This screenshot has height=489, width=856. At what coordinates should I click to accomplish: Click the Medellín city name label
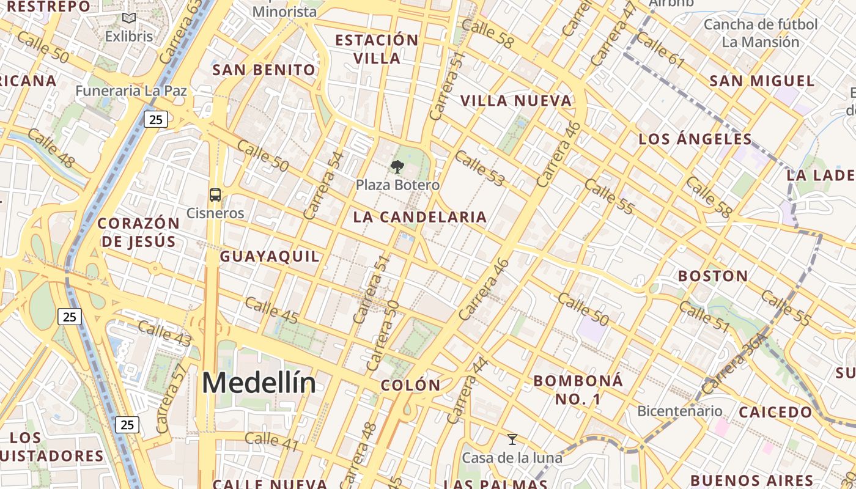pos(259,383)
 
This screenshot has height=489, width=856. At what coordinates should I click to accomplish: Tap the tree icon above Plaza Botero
pos(397,166)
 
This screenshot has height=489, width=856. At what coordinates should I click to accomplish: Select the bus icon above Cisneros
pos(215,195)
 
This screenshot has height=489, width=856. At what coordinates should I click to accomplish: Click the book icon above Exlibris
pos(128,18)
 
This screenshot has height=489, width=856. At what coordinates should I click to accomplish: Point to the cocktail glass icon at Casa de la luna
pos(512,439)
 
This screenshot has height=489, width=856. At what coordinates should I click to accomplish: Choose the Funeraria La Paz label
pos(131,91)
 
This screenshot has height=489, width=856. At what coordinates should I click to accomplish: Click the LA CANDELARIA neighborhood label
pos(420,217)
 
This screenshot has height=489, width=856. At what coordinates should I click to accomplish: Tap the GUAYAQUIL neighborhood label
pos(270,256)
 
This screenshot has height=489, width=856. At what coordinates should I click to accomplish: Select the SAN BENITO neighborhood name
pos(264,70)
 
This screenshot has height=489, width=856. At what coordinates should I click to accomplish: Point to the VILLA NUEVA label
pos(516,101)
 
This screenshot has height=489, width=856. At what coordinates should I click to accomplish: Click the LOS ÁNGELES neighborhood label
pos(695,139)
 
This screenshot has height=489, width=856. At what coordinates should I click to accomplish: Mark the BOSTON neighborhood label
pos(713,276)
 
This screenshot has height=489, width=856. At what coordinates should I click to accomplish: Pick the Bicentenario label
pos(679,411)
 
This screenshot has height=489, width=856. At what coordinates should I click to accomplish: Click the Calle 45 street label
pos(271,310)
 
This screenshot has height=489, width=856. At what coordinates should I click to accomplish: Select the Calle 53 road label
pos(480,169)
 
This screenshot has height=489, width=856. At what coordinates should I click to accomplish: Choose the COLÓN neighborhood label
pos(410,385)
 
